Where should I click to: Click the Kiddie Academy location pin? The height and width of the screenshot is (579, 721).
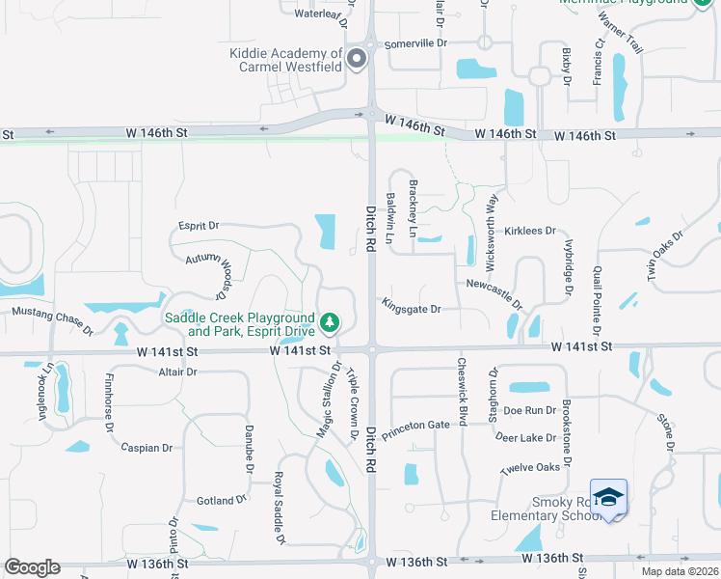click(358, 59)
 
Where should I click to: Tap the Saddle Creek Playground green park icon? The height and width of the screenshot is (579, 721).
click(330, 319)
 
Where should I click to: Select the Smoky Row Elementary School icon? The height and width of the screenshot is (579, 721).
click(607, 498)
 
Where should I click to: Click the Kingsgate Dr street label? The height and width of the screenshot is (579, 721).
click(411, 309)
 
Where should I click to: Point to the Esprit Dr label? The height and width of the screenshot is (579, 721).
click(199, 226)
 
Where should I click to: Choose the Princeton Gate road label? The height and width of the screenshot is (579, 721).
click(415, 430)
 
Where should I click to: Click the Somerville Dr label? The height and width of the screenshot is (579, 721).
click(417, 43)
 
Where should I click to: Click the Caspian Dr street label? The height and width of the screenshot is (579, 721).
click(147, 448)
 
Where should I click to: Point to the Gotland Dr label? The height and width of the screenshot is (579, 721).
click(222, 500)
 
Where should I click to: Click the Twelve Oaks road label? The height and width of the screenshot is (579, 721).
click(529, 468)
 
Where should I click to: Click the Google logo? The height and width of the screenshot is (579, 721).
click(32, 567)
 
